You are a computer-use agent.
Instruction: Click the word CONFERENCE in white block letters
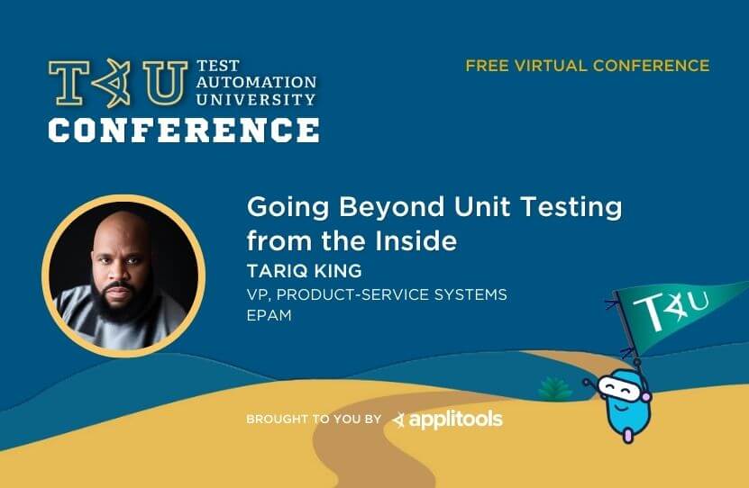184,131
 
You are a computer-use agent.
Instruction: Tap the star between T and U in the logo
112,83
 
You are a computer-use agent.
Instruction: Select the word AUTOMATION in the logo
256,82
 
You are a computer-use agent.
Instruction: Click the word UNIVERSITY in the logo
256,99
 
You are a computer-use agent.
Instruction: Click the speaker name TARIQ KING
305,271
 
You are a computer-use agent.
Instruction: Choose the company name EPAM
269,315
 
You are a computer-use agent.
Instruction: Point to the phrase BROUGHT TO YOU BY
314,419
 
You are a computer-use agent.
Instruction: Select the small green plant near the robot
554,388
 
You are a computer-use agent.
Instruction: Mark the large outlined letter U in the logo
165,82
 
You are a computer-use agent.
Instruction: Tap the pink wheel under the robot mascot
628,436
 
